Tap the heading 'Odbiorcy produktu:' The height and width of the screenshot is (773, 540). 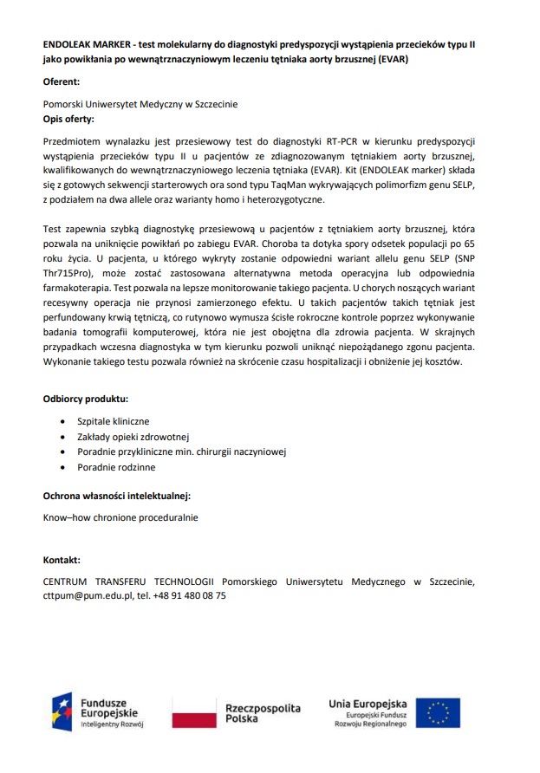pyautogui.click(x=86, y=399)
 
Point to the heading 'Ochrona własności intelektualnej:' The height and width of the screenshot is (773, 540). pyautogui.click(x=117, y=497)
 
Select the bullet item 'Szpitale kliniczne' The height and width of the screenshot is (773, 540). pyautogui.click(x=114, y=421)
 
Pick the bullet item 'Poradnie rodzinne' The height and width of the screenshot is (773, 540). pyautogui.click(x=116, y=467)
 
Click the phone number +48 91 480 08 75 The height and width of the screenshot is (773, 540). pyautogui.click(x=189, y=596)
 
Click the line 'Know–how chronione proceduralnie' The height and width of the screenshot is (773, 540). pyautogui.click(x=120, y=517)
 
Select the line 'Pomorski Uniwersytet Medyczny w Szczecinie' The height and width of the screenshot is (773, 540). pyautogui.click(x=140, y=104)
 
